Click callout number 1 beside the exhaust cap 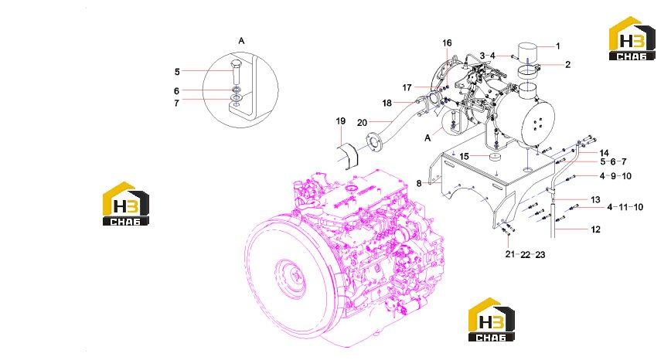[557, 46]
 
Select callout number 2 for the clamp [568, 65]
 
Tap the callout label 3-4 [488, 56]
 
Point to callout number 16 [447, 42]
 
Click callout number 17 [407, 87]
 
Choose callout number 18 [387, 103]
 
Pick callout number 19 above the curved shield [341, 121]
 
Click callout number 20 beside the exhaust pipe [362, 123]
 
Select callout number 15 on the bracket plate [465, 157]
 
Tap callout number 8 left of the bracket [419, 183]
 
